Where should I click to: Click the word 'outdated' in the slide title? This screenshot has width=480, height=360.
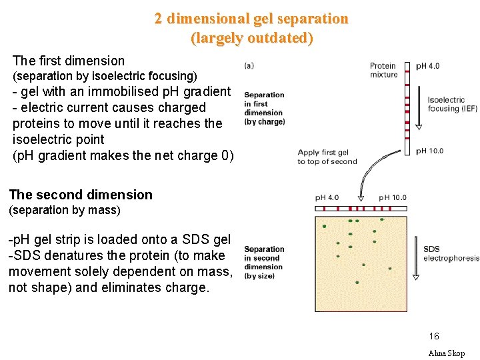pyautogui.click(x=274, y=38)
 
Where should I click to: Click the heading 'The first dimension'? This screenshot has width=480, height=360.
pyautogui.click(x=68, y=61)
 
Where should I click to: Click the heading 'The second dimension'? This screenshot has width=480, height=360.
pyautogui.click(x=81, y=195)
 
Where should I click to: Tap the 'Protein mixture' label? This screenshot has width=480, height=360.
pyautogui.click(x=383, y=70)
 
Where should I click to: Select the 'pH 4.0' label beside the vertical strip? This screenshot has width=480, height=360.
pyautogui.click(x=427, y=66)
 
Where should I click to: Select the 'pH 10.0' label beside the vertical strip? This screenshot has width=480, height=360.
pyautogui.click(x=429, y=151)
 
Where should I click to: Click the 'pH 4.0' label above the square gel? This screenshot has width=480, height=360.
pyautogui.click(x=327, y=198)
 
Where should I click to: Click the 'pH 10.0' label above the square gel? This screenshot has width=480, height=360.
pyautogui.click(x=393, y=198)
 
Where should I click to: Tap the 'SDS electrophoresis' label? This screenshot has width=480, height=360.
pyautogui.click(x=451, y=254)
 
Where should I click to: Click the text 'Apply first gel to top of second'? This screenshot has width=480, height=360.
pyautogui.click(x=327, y=157)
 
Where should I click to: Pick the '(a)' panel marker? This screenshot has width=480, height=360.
pyautogui.click(x=249, y=65)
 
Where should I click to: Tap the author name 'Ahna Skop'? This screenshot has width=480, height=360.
pyautogui.click(x=446, y=353)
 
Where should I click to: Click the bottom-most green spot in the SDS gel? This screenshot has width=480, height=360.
pyautogui.click(x=357, y=283)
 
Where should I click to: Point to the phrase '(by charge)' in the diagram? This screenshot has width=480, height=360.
pyautogui.click(x=265, y=121)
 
